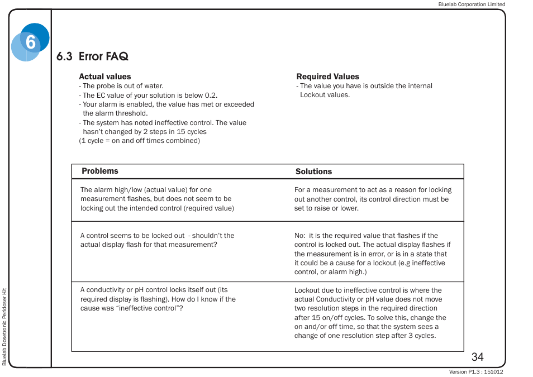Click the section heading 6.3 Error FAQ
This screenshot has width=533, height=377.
[92, 56]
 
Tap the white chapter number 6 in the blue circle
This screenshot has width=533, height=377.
[30, 42]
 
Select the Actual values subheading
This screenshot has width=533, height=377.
[105, 77]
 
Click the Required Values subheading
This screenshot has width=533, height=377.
[327, 77]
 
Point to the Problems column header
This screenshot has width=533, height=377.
[100, 171]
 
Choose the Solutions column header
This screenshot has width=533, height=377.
[313, 171]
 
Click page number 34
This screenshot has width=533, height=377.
[477, 357]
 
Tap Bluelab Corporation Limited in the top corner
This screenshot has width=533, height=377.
[471, 4]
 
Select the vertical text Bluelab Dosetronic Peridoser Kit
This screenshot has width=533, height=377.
[4, 327]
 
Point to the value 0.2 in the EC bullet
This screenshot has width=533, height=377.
[211, 95]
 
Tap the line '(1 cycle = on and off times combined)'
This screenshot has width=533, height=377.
[139, 141]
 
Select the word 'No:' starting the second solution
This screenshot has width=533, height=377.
[300, 236]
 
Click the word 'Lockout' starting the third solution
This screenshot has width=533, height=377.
[307, 290]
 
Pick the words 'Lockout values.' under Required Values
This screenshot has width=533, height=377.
[325, 95]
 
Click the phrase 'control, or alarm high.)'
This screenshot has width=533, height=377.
[330, 272]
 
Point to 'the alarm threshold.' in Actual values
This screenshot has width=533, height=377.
[115, 113]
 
